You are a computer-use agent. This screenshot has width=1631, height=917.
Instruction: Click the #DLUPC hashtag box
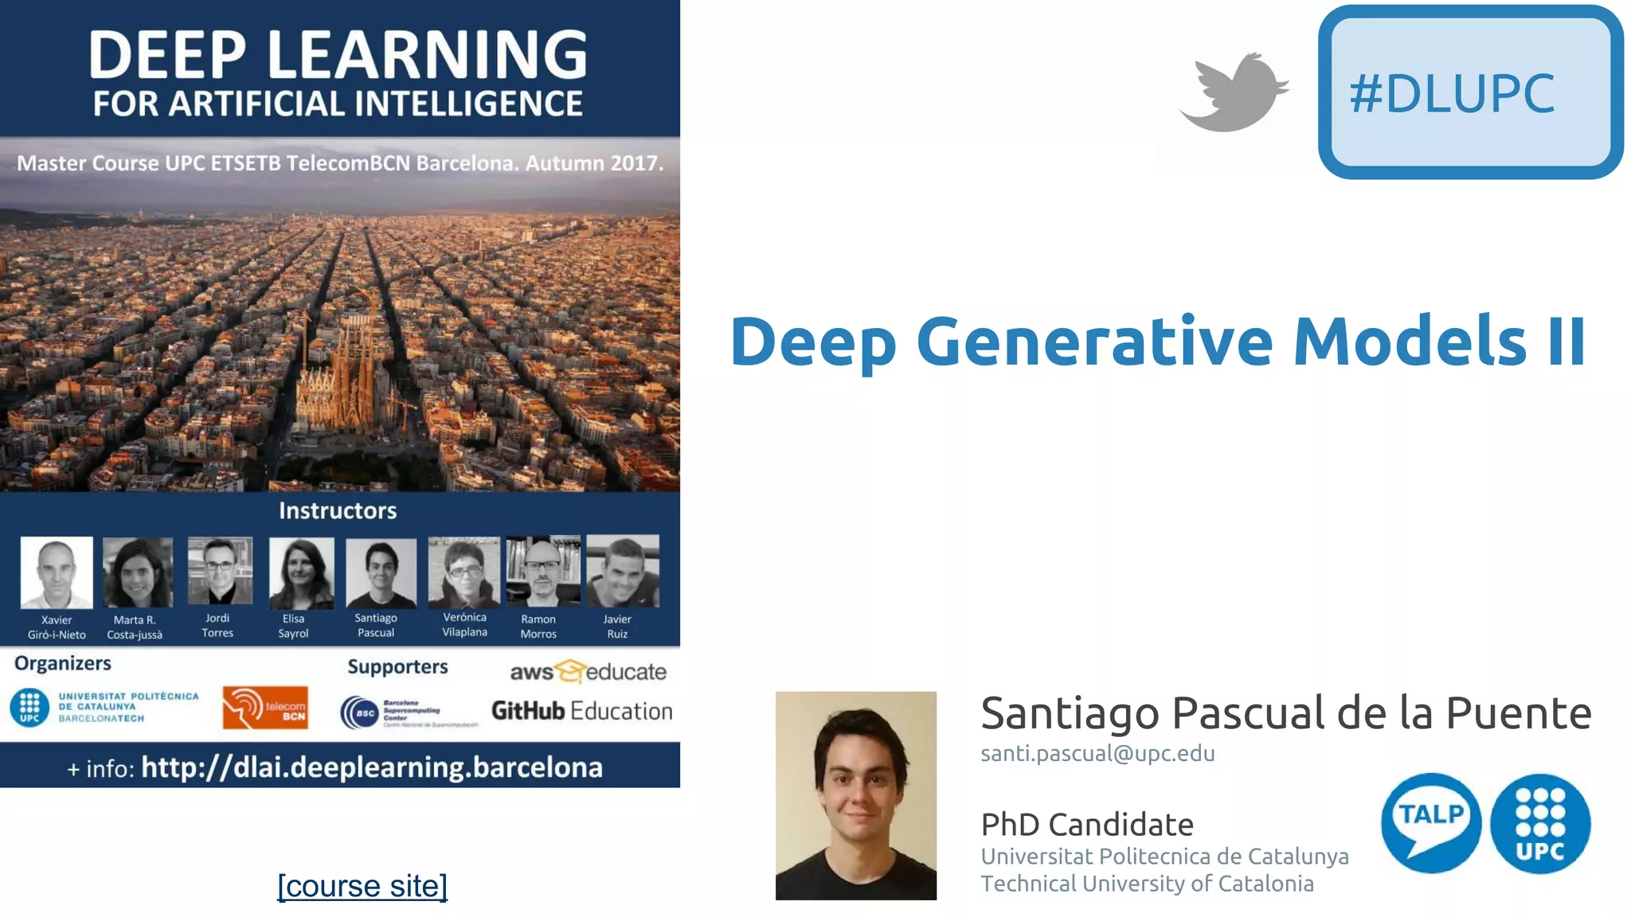tap(1470, 92)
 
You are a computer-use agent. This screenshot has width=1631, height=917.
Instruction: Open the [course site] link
tap(362, 885)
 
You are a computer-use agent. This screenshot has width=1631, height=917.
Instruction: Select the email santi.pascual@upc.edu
tap(1097, 753)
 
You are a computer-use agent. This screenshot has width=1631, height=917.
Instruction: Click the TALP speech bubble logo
tap(1430, 822)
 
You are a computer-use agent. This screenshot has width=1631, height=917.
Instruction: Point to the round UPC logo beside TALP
tap(1540, 824)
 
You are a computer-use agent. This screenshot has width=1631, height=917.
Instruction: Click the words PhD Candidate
tap(1087, 825)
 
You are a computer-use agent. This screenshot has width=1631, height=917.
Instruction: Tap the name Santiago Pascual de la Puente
tap(1285, 712)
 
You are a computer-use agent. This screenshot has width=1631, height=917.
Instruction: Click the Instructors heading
tap(338, 510)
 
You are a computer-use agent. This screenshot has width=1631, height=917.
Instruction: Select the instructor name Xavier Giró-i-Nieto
tap(57, 627)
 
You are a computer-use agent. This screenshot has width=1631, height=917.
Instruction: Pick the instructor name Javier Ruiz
tap(617, 626)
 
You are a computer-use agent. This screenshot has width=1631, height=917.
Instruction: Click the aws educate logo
tap(588, 672)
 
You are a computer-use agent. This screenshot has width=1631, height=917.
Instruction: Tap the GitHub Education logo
tap(581, 711)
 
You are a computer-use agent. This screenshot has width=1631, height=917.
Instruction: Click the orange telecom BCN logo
tap(265, 708)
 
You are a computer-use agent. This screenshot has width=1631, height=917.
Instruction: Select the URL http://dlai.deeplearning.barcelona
tap(372, 767)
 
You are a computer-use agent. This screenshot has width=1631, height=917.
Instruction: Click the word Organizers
tap(63, 663)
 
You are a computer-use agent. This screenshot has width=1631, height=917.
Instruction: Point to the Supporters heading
tap(397, 667)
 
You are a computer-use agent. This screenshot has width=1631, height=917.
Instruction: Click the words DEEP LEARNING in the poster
tap(338, 54)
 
